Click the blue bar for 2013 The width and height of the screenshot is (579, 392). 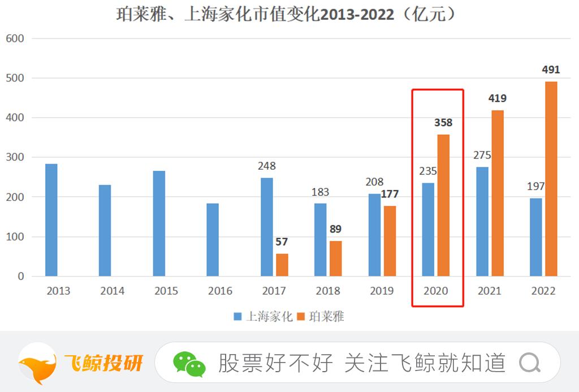51,219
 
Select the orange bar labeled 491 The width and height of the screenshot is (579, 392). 551,179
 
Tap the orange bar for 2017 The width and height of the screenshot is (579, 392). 282,265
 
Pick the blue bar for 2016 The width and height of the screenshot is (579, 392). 212,239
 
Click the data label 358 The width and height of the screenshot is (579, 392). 443,123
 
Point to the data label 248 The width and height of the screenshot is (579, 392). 266,166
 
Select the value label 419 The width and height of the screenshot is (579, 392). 497,98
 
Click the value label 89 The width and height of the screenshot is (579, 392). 336,229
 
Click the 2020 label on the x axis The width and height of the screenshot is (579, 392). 435,291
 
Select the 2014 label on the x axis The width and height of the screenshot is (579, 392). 113,291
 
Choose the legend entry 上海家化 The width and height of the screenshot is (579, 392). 263,317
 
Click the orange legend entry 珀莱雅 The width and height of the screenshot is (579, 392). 321,317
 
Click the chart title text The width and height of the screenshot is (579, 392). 286,15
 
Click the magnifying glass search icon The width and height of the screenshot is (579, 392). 529,363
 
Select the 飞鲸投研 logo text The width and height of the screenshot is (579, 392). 103,363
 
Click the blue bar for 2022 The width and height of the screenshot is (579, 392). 535,237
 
